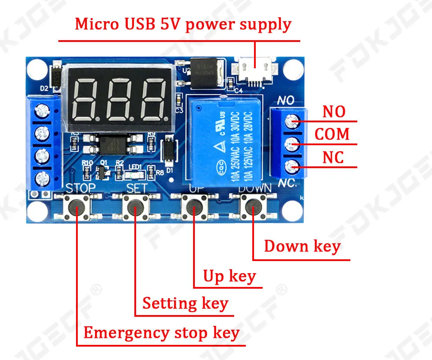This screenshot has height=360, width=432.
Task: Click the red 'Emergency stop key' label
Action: coord(161,333)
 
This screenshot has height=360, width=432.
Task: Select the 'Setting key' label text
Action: coord(185,303)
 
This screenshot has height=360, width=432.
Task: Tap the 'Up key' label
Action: coord(229,276)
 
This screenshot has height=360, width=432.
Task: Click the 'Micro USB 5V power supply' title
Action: coord(183,24)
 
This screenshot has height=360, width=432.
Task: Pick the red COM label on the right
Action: coord(332,134)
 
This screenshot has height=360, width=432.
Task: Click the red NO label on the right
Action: coord(334,112)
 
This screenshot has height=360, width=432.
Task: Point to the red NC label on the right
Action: coord(333,158)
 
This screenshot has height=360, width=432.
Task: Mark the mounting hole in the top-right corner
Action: coord(295,66)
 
